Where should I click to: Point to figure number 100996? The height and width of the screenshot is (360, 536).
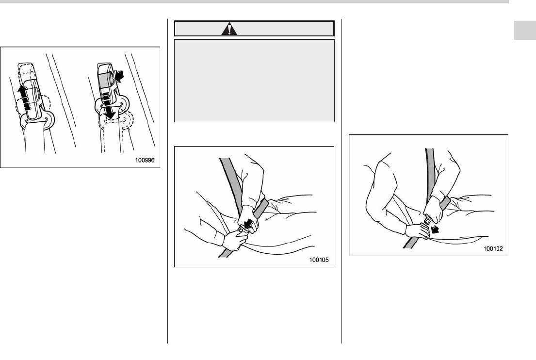tap(145, 160)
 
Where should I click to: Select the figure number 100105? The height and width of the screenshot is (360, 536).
tap(319, 260)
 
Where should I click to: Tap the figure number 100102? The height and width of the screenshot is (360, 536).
tap(493, 248)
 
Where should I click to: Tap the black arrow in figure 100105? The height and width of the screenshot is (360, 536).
tap(248, 224)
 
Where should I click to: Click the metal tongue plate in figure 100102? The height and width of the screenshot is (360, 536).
tap(427, 218)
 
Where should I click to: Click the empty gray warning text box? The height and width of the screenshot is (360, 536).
tap(254, 81)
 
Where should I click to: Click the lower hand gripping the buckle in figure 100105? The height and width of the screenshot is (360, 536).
tap(235, 239)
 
